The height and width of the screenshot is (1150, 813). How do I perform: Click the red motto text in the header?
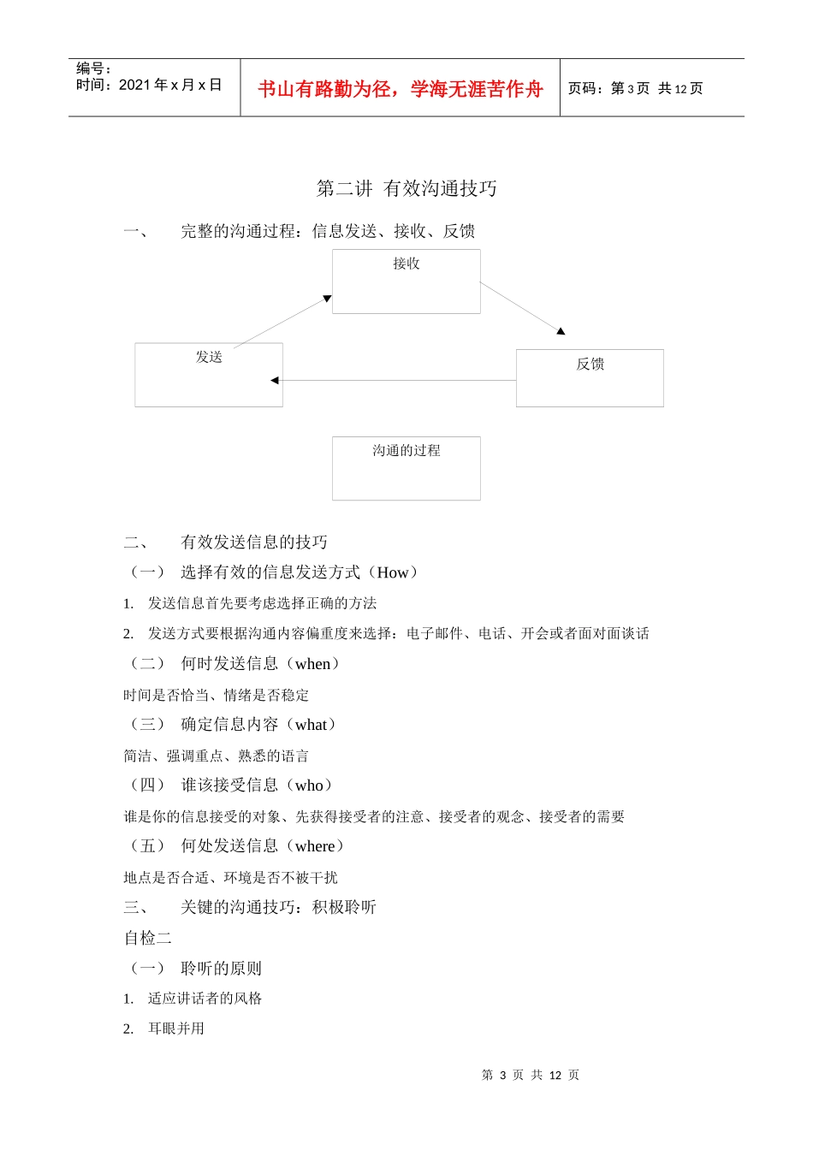(401, 89)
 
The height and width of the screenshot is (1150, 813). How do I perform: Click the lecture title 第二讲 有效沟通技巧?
(406, 188)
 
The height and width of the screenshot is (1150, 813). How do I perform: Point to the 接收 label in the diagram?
(406, 264)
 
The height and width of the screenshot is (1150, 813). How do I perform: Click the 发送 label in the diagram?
(209, 357)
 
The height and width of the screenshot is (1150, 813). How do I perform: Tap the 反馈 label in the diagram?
(590, 364)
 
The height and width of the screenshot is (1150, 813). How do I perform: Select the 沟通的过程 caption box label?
(406, 450)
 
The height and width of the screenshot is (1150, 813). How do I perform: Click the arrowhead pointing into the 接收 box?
(327, 299)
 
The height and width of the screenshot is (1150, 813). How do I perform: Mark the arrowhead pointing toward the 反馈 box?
(561, 330)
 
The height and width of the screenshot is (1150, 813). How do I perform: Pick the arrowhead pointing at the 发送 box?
(275, 380)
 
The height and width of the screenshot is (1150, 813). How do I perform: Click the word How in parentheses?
(393, 572)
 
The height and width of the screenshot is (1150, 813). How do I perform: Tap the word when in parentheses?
(312, 664)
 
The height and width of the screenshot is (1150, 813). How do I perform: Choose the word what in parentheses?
(311, 725)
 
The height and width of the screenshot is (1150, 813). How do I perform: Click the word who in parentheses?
(309, 785)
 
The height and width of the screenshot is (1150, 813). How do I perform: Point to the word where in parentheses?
(315, 846)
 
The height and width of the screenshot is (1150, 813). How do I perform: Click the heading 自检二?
(148, 938)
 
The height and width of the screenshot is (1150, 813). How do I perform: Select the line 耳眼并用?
(176, 1028)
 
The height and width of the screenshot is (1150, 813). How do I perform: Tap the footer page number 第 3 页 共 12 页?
(531, 1075)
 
